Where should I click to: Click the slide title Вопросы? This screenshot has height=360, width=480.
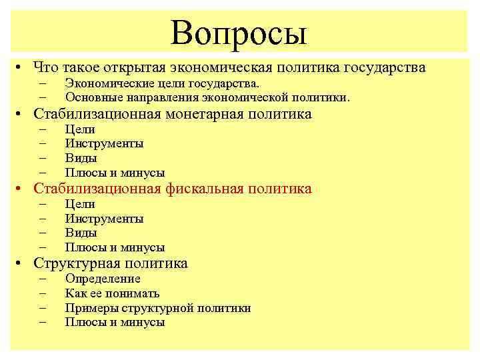(x=239, y=31)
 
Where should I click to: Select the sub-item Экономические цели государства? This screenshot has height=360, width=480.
(x=161, y=83)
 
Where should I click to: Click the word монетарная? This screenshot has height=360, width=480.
(x=204, y=114)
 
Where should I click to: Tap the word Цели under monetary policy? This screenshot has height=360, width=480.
(x=80, y=129)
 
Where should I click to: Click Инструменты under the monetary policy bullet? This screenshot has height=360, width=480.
(x=104, y=144)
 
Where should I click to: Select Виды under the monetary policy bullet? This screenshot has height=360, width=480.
(x=81, y=159)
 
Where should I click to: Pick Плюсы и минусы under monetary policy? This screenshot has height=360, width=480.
(x=115, y=173)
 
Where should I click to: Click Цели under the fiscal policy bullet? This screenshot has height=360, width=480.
(x=80, y=204)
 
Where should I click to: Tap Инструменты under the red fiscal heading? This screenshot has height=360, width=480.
(x=104, y=219)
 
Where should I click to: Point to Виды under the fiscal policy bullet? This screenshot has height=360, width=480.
(x=81, y=233)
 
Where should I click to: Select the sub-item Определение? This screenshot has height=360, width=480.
(x=103, y=279)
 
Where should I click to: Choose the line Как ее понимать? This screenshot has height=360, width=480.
(x=112, y=293)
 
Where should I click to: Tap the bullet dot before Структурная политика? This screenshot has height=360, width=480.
(x=22, y=264)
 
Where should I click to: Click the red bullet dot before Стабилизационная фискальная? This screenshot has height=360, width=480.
(x=22, y=189)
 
